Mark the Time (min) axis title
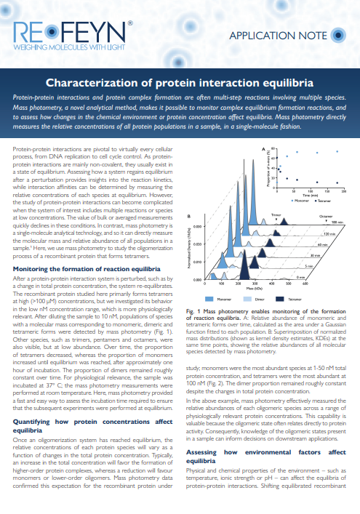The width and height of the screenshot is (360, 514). point(310,194)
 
